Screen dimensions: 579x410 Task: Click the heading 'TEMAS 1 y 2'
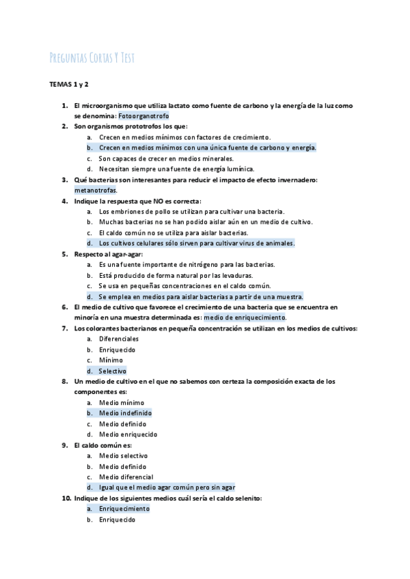(x=69, y=85)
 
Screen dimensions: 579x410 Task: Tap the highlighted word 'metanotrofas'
(x=96, y=190)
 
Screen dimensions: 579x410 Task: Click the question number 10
(x=66, y=498)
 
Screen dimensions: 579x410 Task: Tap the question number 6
(x=64, y=307)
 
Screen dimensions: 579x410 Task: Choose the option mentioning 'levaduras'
(x=189, y=275)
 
